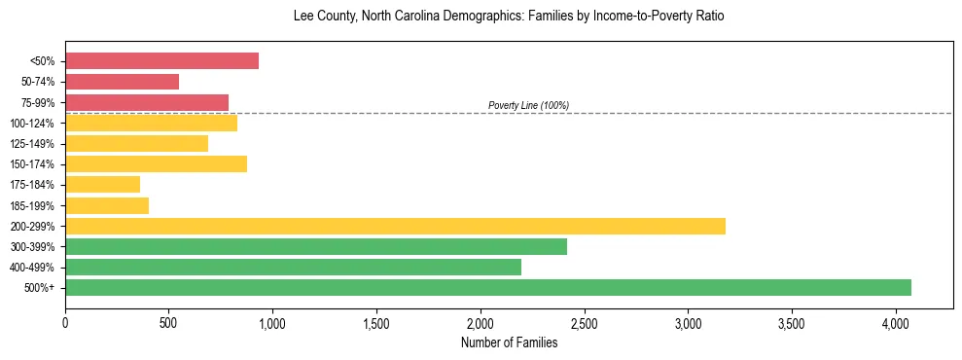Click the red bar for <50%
pos(161,61)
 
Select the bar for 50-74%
pos(122,82)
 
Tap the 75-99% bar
pos(147,102)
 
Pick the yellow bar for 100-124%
pos(151,124)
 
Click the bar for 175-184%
pos(102,185)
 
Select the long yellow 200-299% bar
pos(395,226)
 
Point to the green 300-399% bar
pos(316,247)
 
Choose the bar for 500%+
pos(488,288)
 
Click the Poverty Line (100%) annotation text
pos(528,105)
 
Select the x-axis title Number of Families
pos(509,342)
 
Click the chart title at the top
pos(509,17)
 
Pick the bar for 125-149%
pos(136,144)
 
